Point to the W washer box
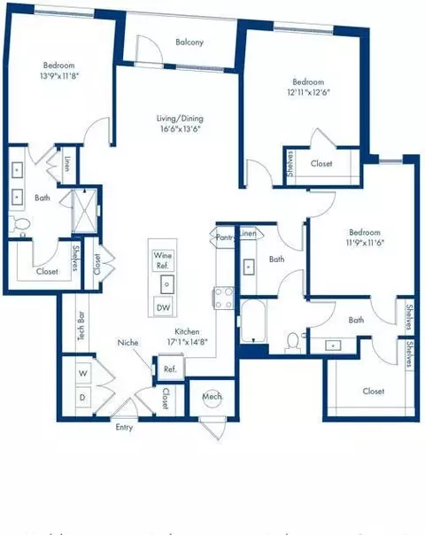pos(82,374)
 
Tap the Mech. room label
pos(212,396)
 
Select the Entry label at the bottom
pos(125,427)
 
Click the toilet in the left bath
pos(17,226)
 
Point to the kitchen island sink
pos(165,283)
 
